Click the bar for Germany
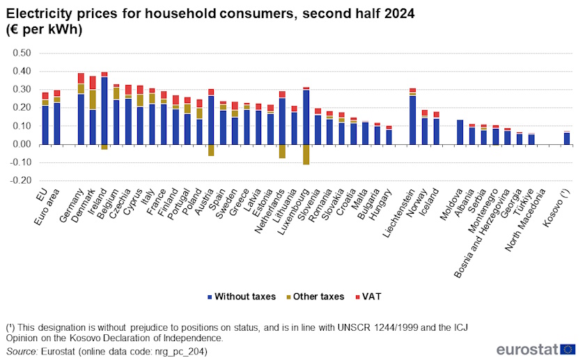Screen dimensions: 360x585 [x=81, y=118]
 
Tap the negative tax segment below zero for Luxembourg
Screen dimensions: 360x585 [x=306, y=154]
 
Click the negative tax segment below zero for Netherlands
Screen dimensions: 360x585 [x=282, y=151]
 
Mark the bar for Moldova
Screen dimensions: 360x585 [x=460, y=132]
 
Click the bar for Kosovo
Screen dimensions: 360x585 [x=566, y=139]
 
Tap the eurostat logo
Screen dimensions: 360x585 [x=536, y=349]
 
